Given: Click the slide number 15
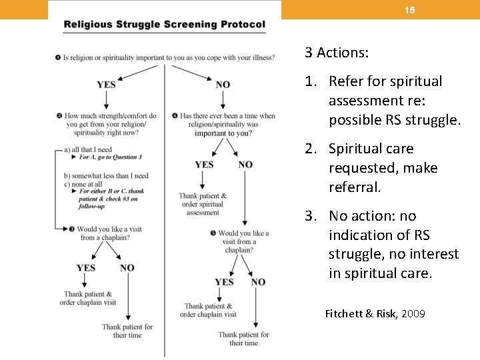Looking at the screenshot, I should click(x=410, y=10).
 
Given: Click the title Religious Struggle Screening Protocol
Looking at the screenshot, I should click(x=164, y=25).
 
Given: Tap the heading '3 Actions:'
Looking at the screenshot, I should click(x=337, y=52).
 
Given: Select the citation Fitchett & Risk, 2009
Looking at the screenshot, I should click(x=375, y=313).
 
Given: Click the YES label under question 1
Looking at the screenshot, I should click(x=106, y=85).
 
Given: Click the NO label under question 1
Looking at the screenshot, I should click(x=223, y=85).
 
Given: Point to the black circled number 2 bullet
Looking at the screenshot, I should click(x=59, y=116).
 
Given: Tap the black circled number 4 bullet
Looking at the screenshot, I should click(x=175, y=116).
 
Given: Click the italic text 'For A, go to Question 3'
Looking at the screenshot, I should click(x=111, y=157).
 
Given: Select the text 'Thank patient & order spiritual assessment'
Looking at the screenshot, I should click(x=203, y=204).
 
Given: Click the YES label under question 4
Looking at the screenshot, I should click(x=204, y=165).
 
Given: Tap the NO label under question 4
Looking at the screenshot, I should click(x=245, y=165).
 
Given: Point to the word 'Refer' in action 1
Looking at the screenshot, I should click(x=347, y=81).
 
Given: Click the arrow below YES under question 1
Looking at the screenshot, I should click(x=106, y=100).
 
